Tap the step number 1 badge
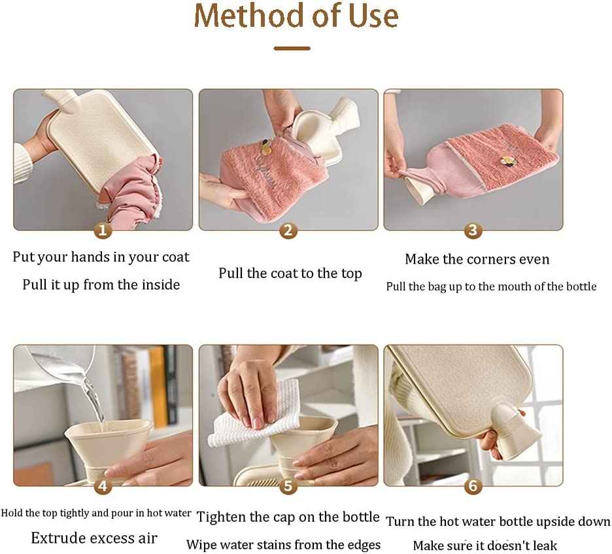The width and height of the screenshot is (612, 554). (103, 230)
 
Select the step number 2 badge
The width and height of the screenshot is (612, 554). (288, 230)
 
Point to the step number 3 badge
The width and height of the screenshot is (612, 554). (473, 230)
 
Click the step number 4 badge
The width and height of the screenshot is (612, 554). (103, 486)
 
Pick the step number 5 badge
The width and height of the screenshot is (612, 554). (288, 486)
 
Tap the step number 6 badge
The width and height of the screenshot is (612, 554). (473, 486)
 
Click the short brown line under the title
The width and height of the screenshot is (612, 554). (292, 48)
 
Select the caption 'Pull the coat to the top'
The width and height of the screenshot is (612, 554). (290, 273)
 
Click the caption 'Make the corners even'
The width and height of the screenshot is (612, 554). (477, 259)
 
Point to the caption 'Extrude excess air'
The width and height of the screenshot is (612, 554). (94, 538)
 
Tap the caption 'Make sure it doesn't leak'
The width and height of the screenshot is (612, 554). (485, 545)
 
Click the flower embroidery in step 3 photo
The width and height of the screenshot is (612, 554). (506, 162)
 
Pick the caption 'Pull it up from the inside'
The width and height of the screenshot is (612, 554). (101, 285)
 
